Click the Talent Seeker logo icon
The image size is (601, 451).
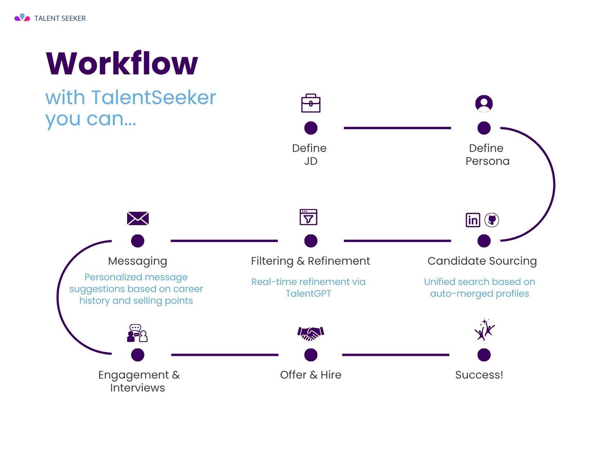22,18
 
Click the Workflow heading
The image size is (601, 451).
122,63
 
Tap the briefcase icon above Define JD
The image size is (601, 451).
311,103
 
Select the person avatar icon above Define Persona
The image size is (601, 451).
484,103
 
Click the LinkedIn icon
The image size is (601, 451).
472,220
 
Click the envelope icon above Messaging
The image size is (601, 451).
138,218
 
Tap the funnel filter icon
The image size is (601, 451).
308,217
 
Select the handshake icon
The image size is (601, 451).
311,333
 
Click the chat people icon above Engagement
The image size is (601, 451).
137,333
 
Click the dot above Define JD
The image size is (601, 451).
311,128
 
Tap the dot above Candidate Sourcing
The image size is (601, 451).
484,241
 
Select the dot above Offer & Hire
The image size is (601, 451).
311,355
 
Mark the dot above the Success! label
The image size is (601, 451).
484,355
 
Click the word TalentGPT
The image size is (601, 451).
308,294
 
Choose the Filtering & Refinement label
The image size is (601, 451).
310,261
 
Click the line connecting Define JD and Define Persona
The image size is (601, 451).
397,128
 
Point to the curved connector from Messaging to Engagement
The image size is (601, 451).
58,298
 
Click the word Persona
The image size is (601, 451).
488,161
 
